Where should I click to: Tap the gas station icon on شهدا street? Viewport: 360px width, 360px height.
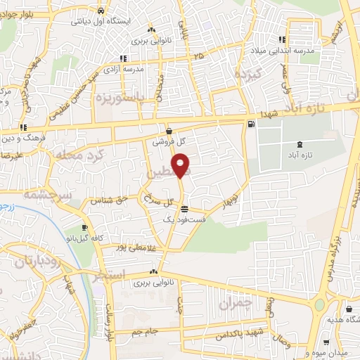(250, 124)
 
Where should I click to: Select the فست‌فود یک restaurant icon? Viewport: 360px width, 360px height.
(184, 209)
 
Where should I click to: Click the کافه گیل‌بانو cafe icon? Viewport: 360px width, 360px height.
(85, 228)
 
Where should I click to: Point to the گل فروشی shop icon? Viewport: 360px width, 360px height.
(169, 131)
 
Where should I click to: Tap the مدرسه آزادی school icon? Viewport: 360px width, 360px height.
(123, 58)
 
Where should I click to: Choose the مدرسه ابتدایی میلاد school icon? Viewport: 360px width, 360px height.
(282, 40)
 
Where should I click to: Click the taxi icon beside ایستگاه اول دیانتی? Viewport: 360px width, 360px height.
(102, 11)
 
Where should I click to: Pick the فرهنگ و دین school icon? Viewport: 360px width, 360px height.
(23, 127)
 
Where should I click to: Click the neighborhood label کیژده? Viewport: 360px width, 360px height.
(248, 74)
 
